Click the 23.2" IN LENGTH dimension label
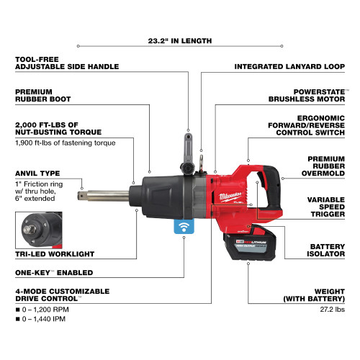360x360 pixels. [180, 41]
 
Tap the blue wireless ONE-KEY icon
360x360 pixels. [184, 226]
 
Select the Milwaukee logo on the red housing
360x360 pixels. [230, 197]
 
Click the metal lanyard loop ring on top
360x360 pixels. [201, 161]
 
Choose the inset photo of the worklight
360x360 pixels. [39, 230]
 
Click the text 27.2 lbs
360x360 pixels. [333, 310]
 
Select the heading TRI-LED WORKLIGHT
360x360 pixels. [55, 254]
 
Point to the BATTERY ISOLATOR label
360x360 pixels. [325, 250]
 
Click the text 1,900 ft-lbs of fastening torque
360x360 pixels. [66, 143]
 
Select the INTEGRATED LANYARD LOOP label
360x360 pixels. [289, 66]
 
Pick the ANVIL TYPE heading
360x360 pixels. [37, 174]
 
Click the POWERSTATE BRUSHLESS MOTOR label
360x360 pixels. [307, 95]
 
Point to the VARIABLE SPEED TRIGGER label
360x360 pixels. [326, 207]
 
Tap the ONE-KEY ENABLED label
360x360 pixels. [54, 273]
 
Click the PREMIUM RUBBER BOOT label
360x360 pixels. [43, 95]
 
